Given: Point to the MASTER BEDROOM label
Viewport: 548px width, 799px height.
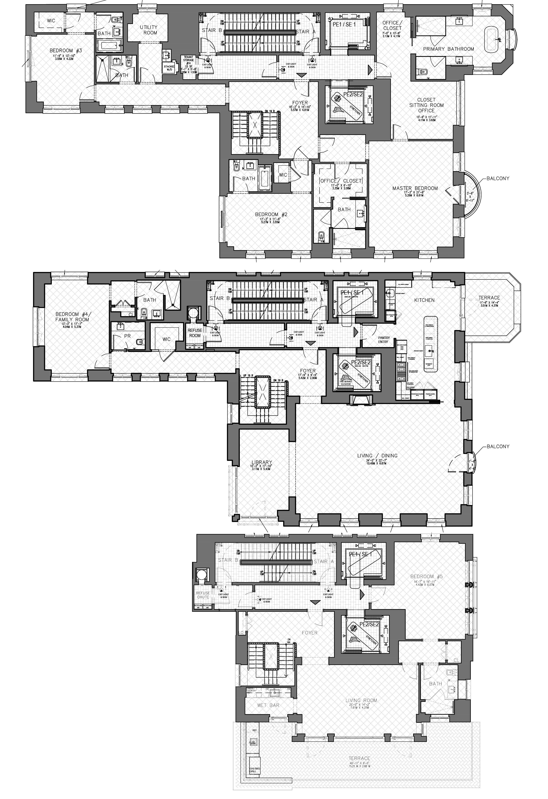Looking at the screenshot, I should pyautogui.click(x=415, y=188).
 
